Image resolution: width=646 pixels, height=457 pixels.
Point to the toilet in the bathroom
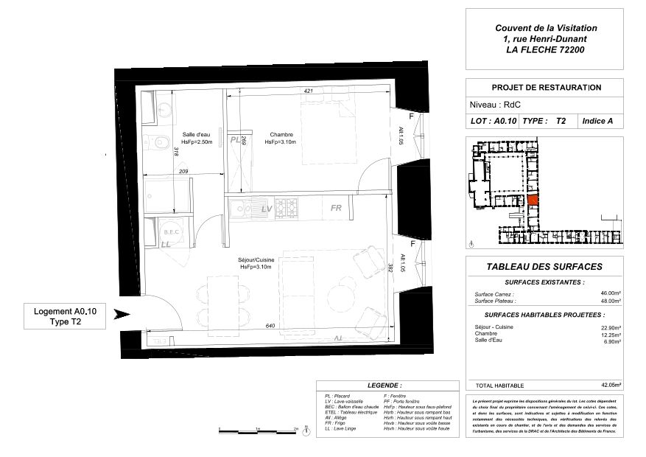[156, 144]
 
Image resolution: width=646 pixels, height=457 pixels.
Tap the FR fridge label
[336, 209]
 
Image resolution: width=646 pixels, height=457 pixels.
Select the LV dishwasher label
[267, 209]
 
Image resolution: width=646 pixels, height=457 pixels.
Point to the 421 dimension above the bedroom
[309, 91]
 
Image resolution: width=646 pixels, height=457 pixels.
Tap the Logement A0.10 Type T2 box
[64, 316]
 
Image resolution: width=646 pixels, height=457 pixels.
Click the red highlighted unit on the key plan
[532, 198]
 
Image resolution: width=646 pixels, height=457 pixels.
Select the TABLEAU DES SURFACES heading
[544, 267]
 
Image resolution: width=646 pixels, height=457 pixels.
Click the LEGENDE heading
[384, 386]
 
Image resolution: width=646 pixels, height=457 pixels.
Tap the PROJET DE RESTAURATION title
[536, 87]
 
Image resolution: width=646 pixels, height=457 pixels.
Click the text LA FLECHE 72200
[545, 50]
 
